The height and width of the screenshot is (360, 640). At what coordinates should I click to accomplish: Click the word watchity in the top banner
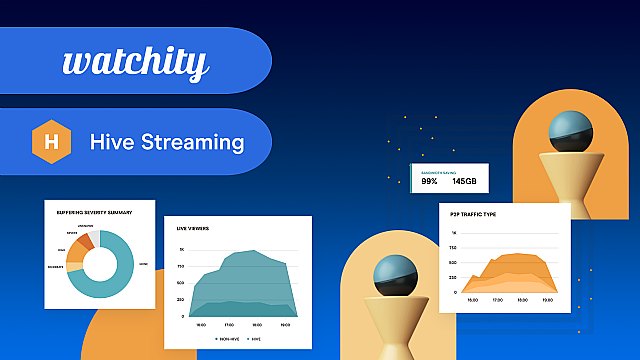135,63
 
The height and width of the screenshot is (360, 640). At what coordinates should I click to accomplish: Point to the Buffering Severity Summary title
95,212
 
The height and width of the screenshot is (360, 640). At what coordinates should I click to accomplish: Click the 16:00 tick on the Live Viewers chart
201,325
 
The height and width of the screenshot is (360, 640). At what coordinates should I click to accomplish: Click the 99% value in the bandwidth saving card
429,181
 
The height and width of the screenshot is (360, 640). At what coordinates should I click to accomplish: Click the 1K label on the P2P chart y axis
455,233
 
